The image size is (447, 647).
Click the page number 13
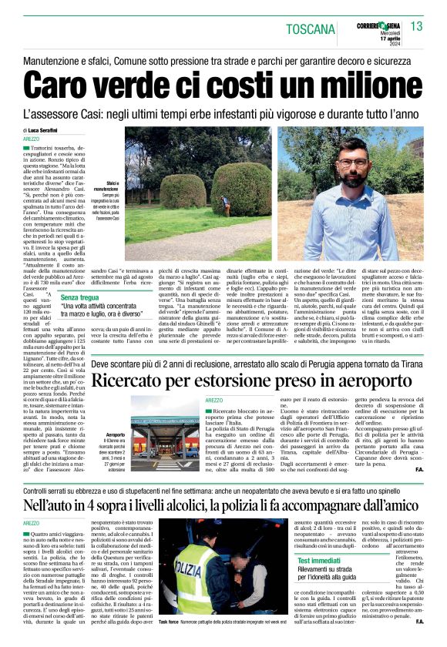(x=417, y=27)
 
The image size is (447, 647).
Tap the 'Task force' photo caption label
(x=169, y=621)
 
